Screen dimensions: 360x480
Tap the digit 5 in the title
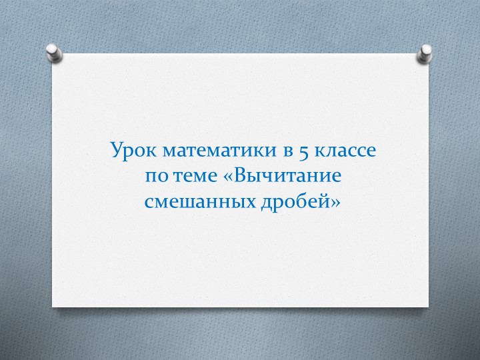(x=303, y=151)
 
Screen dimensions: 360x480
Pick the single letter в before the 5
(x=288, y=151)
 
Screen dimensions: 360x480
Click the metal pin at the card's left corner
(x=54, y=51)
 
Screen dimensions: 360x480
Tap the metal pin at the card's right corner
(x=424, y=53)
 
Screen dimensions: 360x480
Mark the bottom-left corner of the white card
(x=53, y=307)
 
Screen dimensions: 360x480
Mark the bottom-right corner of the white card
(x=428, y=307)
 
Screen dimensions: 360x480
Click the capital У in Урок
(x=116, y=151)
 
